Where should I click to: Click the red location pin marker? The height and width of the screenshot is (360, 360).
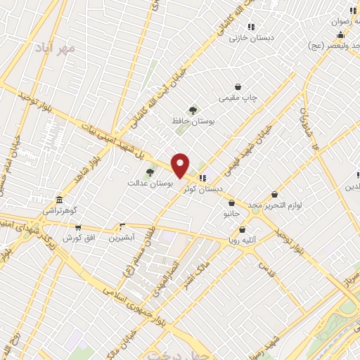[x=180, y=165]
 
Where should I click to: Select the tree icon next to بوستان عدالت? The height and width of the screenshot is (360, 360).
[x=149, y=172]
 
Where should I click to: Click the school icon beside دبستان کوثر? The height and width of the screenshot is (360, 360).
[x=202, y=178]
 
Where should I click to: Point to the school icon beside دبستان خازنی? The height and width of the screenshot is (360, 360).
[x=251, y=27]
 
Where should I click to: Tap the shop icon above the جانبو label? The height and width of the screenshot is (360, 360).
[x=233, y=201]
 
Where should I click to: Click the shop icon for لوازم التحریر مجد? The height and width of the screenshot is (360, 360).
[x=274, y=194]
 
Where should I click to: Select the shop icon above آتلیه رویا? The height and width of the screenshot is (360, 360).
[x=243, y=229]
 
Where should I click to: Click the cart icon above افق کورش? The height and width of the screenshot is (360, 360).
[x=77, y=227]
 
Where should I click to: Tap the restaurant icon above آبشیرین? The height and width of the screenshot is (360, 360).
[x=122, y=226]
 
